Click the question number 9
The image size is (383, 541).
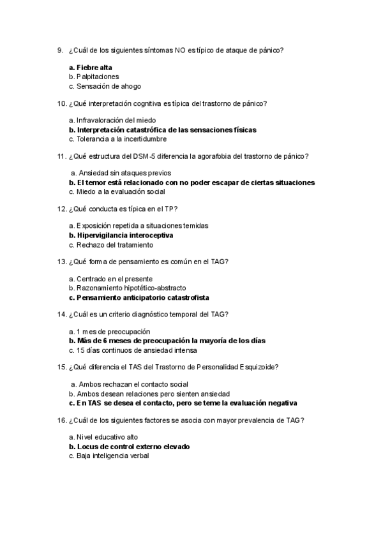coord(59,50)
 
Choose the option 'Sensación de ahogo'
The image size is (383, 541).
coord(109,86)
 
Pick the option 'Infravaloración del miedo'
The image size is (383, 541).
coord(116,120)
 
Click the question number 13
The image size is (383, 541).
coord(61,261)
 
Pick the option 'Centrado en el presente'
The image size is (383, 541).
coord(114,279)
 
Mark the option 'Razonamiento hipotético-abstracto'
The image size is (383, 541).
coord(130,288)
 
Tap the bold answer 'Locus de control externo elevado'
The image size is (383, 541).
coord(132,447)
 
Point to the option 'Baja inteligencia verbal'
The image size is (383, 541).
coord(112,456)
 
